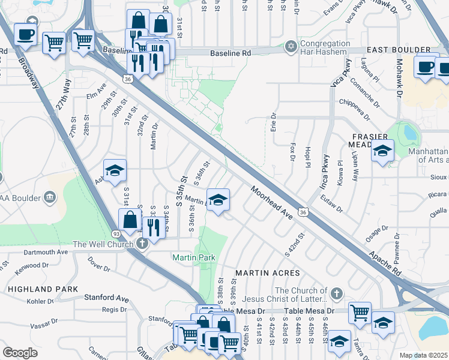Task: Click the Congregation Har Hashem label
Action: point(325,48)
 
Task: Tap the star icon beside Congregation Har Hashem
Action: point(291,46)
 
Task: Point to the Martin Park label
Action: point(194,257)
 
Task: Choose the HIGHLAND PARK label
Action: point(43,289)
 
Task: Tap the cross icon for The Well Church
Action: point(142,244)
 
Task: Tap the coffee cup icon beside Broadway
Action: point(25,34)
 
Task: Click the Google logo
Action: point(20,353)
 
